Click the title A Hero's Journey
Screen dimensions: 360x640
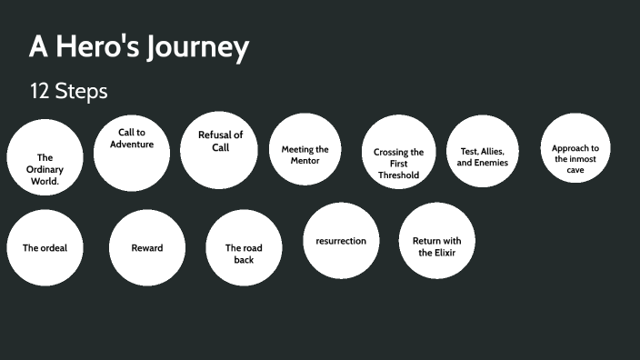point(139,46)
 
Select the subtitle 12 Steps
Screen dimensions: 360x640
point(68,92)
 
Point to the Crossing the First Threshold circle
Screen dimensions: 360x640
point(398,151)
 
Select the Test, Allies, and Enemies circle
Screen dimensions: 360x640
point(483,151)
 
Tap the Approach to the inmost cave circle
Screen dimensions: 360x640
point(575,148)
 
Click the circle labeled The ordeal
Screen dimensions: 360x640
point(45,247)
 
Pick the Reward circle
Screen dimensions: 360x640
point(147,247)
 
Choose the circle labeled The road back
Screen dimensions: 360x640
point(244,247)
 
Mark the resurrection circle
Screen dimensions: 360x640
point(341,241)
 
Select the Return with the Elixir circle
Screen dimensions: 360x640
point(437,241)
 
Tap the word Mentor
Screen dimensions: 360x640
point(305,161)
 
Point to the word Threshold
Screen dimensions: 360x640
point(398,175)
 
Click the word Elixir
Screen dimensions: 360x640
point(444,253)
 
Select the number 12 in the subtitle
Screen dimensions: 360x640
point(40,92)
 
